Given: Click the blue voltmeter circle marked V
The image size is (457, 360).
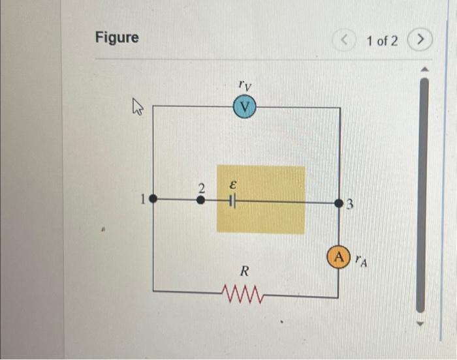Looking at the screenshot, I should click(245, 106).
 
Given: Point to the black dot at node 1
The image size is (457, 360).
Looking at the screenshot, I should click(153, 200).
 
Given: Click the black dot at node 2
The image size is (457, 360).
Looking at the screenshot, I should click(201, 201).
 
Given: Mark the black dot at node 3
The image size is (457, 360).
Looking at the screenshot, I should click(338, 203).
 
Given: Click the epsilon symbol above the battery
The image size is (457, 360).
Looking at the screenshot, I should click(230, 185).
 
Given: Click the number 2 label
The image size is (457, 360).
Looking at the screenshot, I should click(202, 188).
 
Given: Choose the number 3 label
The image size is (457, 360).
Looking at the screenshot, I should click(349, 207).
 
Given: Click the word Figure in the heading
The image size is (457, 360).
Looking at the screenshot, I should click(117, 38).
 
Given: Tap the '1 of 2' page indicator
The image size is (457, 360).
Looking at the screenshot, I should click(382, 41).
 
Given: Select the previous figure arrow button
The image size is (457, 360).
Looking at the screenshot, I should click(345, 41).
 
